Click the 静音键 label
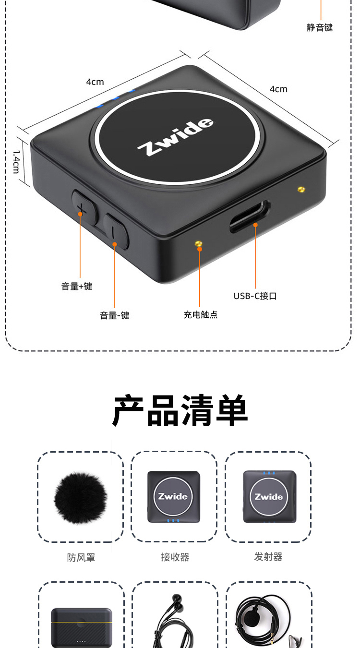(x=320, y=27)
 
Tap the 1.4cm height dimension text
(x=16, y=162)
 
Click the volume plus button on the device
(x=84, y=207)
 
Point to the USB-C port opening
(x=250, y=216)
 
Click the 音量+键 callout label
(x=77, y=286)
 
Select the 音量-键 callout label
(x=115, y=315)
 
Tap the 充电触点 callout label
(x=200, y=314)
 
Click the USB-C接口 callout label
(x=255, y=296)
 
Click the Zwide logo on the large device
(x=175, y=136)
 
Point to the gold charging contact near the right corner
(x=301, y=190)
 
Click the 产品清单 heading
(x=180, y=410)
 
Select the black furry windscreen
(x=81, y=498)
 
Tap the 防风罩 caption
(x=81, y=557)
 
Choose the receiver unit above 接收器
(x=174, y=497)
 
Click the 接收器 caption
(x=175, y=557)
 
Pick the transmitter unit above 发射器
(x=269, y=497)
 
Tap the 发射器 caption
(x=268, y=556)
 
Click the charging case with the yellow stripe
(x=81, y=628)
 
